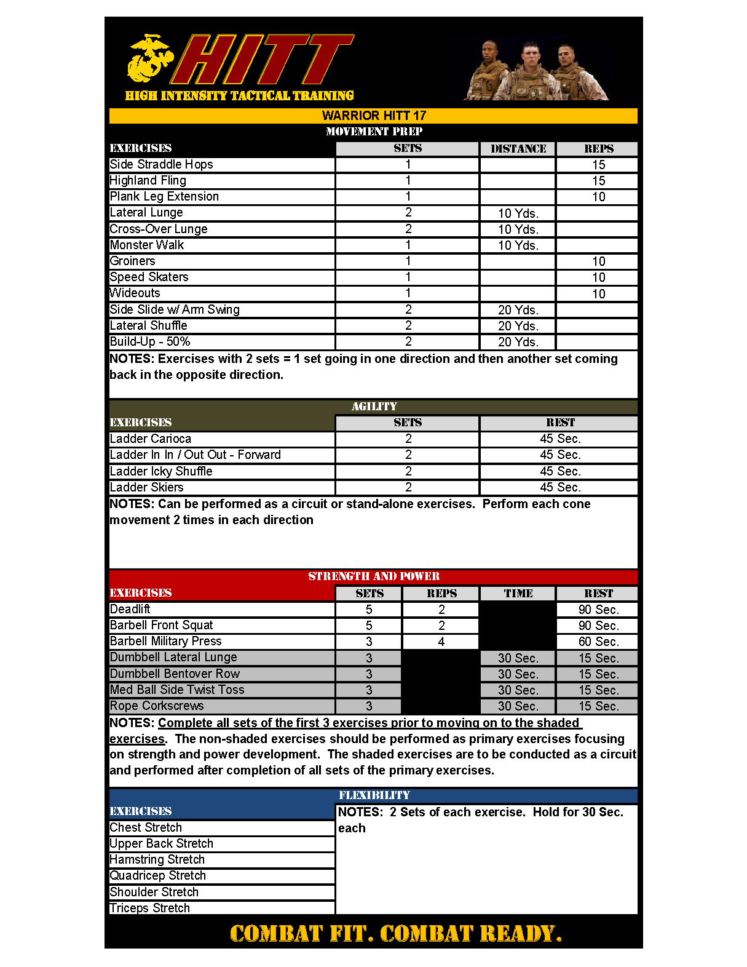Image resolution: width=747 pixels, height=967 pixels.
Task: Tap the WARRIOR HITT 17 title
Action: click(x=374, y=116)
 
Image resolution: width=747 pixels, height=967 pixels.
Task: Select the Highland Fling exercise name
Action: click(x=148, y=180)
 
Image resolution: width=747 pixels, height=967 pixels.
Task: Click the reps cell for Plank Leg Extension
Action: click(x=598, y=197)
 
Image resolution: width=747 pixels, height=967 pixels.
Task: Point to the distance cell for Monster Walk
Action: click(x=518, y=245)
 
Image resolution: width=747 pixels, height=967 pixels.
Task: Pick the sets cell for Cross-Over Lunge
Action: click(x=408, y=229)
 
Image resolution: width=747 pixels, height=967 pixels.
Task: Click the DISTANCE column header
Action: click(x=518, y=149)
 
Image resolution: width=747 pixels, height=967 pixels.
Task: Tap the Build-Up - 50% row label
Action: click(x=150, y=341)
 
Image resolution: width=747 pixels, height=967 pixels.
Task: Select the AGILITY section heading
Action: click(x=374, y=407)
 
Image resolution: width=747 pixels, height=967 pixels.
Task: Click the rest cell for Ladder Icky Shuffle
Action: click(x=559, y=471)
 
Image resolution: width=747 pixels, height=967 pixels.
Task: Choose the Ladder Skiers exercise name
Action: click(x=147, y=487)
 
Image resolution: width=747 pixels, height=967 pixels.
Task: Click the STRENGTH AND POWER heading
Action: click(x=374, y=576)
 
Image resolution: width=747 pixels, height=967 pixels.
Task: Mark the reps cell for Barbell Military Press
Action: click(x=441, y=642)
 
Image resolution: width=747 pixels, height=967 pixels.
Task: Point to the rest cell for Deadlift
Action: click(x=598, y=610)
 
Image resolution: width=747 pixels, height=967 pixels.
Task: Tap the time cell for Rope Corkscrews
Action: click(x=518, y=706)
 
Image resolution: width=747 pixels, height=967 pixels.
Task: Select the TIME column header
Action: click(x=518, y=594)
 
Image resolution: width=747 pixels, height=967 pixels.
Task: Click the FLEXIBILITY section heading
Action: click(x=374, y=795)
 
